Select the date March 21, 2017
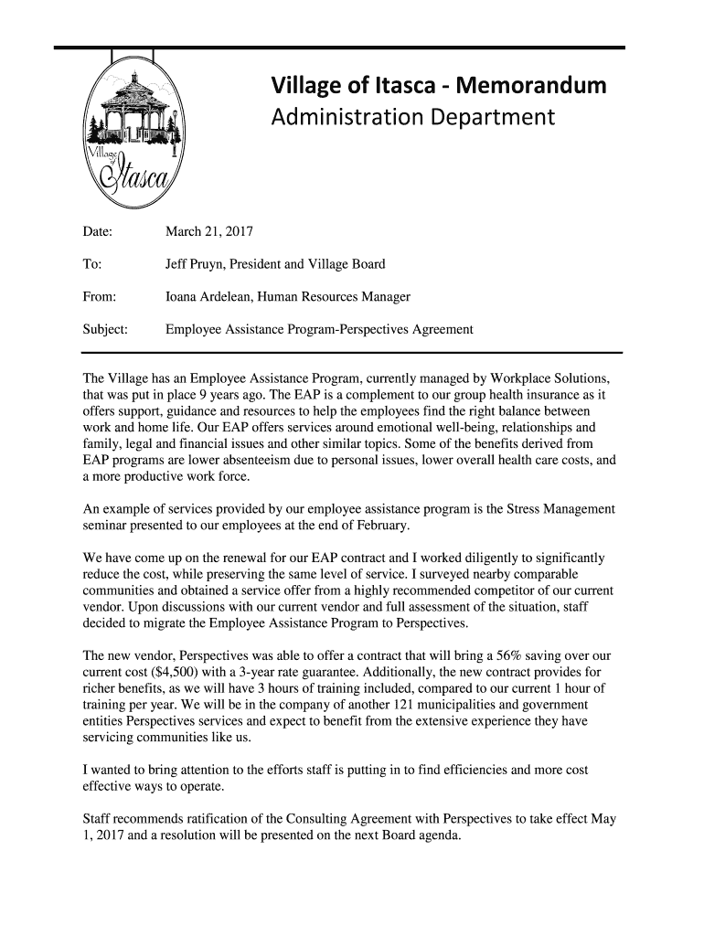208,232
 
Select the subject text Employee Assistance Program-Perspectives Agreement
318,328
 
